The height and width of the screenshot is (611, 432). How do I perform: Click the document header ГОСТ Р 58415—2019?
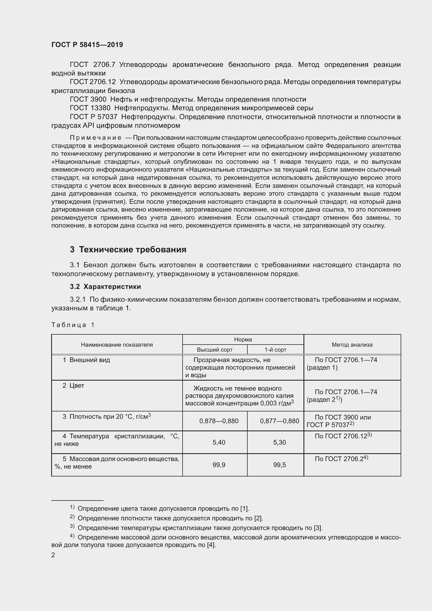tap(87, 45)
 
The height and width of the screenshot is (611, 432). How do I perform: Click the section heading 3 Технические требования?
tap(128, 249)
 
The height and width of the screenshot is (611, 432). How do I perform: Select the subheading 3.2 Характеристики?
tap(105, 287)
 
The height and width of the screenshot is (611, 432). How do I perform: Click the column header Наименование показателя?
tap(117, 345)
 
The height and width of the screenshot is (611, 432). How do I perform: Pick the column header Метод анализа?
tap(352, 345)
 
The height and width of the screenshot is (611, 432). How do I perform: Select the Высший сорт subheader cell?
tap(215, 350)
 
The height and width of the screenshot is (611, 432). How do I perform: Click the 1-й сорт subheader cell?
tap(275, 350)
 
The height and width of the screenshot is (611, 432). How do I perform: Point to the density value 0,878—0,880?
tap(219, 421)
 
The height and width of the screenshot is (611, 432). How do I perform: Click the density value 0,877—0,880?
tap(279, 421)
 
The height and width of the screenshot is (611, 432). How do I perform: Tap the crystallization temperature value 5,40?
tap(219, 442)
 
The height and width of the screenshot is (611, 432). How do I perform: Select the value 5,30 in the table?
tap(279, 442)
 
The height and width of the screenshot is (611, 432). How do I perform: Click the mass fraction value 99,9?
tap(219, 465)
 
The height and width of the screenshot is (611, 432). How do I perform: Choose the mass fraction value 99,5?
tap(279, 465)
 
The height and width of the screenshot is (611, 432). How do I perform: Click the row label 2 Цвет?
tap(73, 385)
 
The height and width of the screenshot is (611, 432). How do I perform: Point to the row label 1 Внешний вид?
tap(86, 360)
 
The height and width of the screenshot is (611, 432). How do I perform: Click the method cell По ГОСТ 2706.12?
tap(343, 436)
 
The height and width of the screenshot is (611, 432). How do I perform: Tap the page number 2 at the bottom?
tap(53, 555)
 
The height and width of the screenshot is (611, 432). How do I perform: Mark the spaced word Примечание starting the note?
tap(96, 138)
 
